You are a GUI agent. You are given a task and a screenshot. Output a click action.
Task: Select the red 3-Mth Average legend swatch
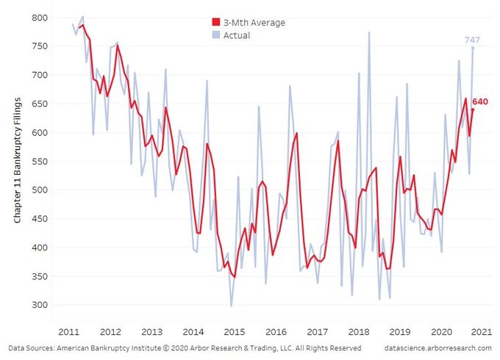pyautogui.click(x=215, y=23)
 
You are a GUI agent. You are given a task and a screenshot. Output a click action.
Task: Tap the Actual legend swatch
pyautogui.click(x=215, y=35)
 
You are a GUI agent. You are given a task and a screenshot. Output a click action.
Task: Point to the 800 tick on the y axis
pyautogui.click(x=40, y=18)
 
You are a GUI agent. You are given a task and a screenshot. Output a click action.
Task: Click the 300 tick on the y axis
pyautogui.click(x=40, y=305)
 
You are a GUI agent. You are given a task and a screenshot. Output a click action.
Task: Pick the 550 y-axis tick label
pyautogui.click(x=40, y=162)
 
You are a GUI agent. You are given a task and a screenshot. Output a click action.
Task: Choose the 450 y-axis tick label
pyautogui.click(x=40, y=219)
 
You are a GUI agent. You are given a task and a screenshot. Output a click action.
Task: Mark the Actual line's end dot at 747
pyautogui.click(x=473, y=48)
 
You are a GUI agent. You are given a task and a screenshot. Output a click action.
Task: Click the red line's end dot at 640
pyautogui.click(x=473, y=109)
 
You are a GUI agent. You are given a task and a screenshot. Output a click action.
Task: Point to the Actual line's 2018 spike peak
pyautogui.click(x=369, y=32)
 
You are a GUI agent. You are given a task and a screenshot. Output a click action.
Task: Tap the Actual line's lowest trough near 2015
pyautogui.click(x=231, y=306)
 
